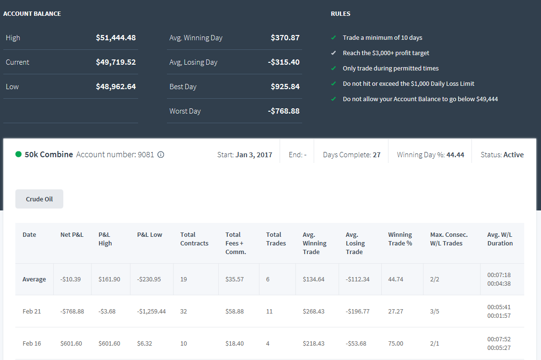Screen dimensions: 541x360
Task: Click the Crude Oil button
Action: (39, 199)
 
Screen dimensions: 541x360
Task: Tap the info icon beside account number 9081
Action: (161, 154)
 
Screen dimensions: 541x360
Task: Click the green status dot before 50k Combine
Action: (19, 154)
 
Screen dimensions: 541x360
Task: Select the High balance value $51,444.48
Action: (116, 37)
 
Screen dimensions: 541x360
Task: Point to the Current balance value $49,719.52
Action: (116, 62)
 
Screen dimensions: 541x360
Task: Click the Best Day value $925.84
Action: (285, 87)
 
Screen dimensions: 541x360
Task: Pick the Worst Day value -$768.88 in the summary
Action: (283, 111)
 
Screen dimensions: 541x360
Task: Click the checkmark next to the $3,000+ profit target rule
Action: (333, 53)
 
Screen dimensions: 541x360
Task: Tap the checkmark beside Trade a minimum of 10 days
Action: (333, 37)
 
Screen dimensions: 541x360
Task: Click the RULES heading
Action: (341, 14)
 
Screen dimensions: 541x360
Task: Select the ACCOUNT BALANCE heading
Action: (32, 14)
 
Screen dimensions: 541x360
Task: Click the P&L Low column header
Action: (149, 234)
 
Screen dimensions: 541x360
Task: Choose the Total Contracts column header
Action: (194, 239)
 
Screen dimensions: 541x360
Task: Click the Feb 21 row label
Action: (32, 312)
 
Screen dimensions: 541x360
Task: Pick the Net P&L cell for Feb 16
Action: (71, 343)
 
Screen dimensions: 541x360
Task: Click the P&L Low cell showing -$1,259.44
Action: (151, 312)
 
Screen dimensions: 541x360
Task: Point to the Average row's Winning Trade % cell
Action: (395, 279)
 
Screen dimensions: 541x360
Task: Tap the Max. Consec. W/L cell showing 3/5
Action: (435, 312)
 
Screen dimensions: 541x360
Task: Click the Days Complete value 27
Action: (376, 155)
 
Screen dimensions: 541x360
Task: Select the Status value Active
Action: (513, 155)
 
